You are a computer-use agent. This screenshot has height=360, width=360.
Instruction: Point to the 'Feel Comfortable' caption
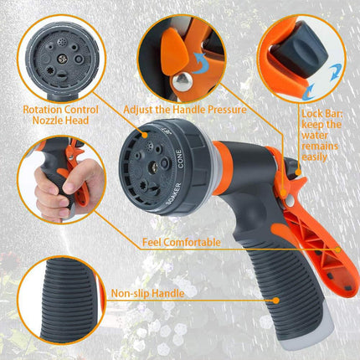coord(181,243)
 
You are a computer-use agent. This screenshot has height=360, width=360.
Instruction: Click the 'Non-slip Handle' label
coord(147,292)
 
